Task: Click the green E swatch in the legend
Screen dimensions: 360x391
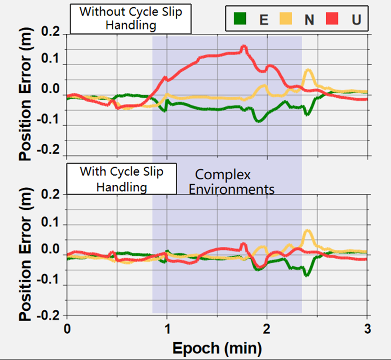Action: click(239, 19)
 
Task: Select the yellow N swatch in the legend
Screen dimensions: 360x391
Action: click(285, 19)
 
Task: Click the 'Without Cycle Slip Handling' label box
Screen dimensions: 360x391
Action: click(131, 19)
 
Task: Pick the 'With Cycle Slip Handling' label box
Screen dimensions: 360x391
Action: click(122, 179)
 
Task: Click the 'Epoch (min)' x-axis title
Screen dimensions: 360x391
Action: click(217, 348)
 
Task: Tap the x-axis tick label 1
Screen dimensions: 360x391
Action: click(167, 327)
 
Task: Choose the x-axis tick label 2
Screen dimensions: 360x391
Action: click(267, 327)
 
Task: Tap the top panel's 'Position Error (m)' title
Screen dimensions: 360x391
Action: click(27, 95)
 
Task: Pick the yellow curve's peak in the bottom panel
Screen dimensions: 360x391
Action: click(308, 231)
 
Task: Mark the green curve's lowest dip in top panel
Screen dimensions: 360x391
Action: click(258, 121)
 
